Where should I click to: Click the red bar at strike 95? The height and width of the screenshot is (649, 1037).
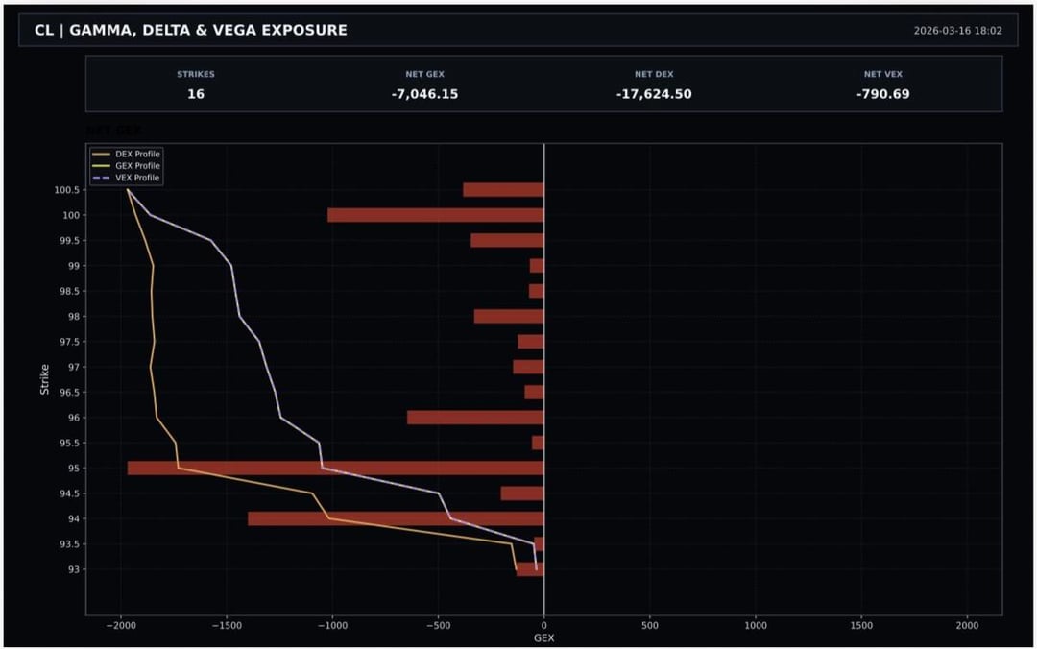336,469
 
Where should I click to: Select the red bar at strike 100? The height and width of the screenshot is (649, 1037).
436,215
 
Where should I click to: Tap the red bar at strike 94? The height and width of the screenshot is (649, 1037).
396,518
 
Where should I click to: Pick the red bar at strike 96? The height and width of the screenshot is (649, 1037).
475,418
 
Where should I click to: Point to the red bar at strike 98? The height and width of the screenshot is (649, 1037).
509,317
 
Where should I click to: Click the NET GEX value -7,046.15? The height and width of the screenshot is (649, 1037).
424,94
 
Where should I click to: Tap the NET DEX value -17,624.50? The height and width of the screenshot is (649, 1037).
654,94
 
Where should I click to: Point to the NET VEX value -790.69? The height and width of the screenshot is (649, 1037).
882,94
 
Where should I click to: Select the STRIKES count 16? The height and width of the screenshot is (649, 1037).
196,94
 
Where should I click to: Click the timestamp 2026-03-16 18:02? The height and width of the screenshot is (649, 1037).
957,31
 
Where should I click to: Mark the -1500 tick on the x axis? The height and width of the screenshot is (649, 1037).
227,625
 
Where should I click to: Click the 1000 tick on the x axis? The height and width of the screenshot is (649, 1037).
756,625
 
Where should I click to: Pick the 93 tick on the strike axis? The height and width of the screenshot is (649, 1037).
72,569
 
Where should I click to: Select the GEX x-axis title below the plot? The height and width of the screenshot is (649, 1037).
543,637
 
